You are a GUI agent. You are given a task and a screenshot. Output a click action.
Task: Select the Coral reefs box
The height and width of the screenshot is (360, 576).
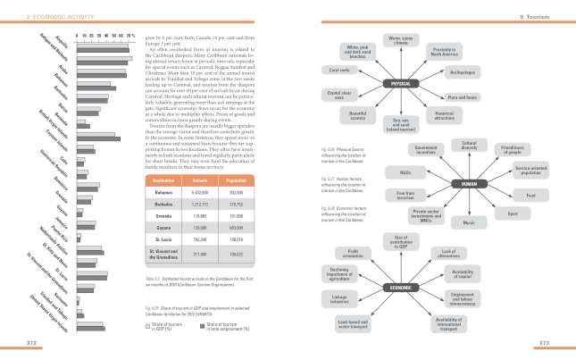coord(339,69)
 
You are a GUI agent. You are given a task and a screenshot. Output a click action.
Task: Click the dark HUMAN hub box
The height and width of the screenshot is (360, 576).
coord(468,183)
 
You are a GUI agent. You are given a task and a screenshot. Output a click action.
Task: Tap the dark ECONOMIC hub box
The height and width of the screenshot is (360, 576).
coord(400,287)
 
